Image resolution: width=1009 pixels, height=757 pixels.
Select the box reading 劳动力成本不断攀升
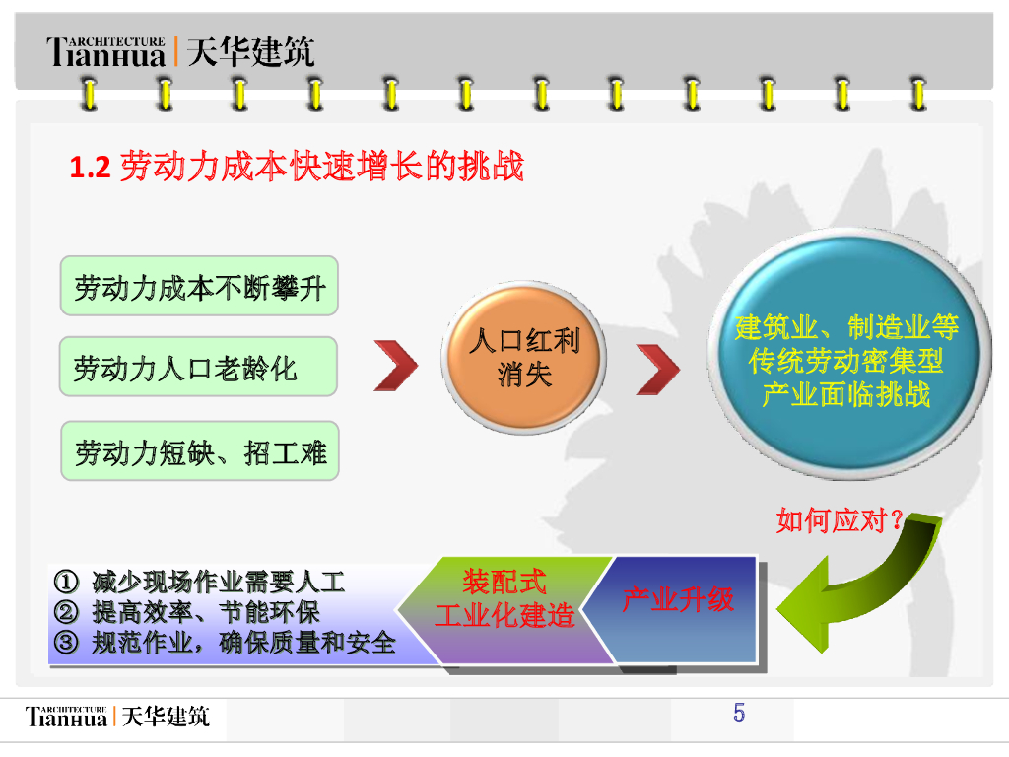coord(199,287)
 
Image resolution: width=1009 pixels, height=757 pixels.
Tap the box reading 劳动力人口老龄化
coord(198,368)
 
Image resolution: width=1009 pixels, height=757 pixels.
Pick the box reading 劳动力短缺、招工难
coord(199,451)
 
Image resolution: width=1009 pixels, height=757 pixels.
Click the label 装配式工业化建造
coord(504,599)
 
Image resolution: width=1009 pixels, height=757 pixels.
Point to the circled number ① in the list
coord(67,581)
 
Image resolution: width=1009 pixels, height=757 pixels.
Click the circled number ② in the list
coord(67,611)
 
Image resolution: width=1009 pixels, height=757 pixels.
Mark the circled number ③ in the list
coord(67,643)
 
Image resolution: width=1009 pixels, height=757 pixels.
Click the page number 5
coord(739,713)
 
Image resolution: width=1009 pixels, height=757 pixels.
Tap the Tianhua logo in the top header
coord(106,51)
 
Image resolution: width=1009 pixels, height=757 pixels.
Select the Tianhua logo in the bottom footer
coord(67,716)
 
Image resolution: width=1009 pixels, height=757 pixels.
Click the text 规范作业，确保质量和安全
coord(244,643)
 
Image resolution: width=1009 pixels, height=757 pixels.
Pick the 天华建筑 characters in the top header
coord(250,51)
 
